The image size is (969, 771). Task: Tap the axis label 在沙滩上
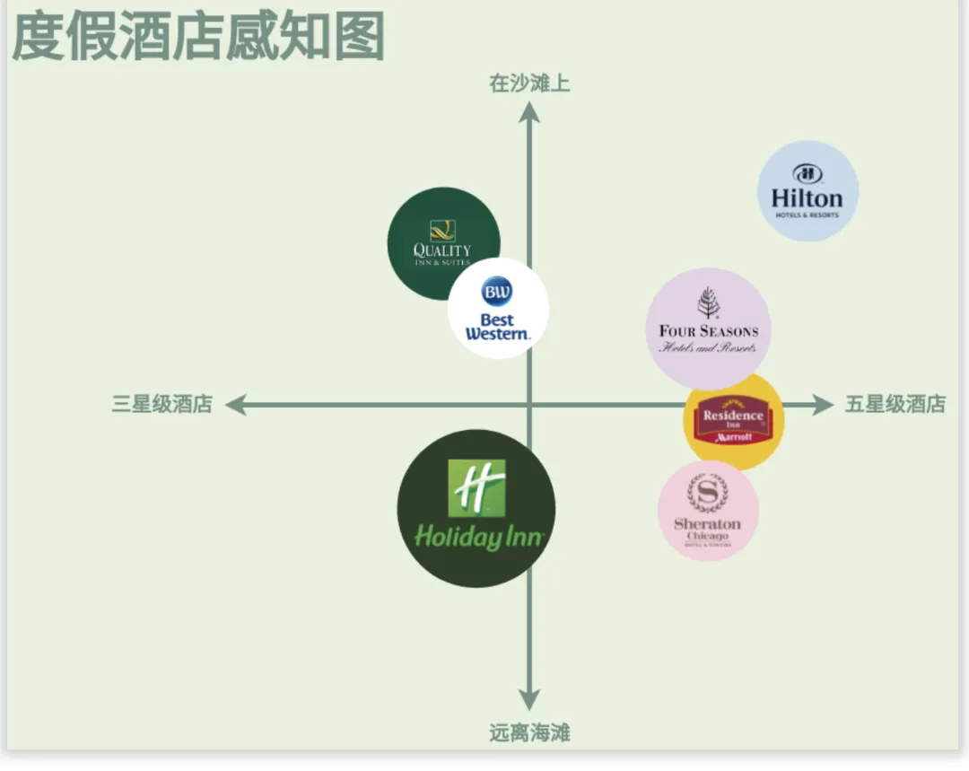coord(529,83)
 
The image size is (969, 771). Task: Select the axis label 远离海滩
coord(529,733)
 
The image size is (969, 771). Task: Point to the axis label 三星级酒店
coord(161,404)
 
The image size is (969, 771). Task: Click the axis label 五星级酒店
coord(895,404)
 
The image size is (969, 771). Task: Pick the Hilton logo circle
coord(807,191)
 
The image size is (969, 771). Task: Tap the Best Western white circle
coord(498,309)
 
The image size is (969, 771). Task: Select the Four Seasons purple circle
coord(708,329)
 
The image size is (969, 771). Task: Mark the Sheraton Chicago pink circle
coord(708,511)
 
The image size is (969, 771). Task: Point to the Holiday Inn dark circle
coord(476,509)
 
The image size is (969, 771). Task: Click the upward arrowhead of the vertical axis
coord(529,111)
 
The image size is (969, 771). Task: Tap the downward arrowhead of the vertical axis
coord(529,700)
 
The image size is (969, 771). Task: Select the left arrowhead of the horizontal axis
coord(235,405)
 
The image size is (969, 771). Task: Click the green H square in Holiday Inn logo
coord(476,488)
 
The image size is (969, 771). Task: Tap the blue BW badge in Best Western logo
coord(497,292)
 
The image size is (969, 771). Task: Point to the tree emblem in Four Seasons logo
coord(708,302)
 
